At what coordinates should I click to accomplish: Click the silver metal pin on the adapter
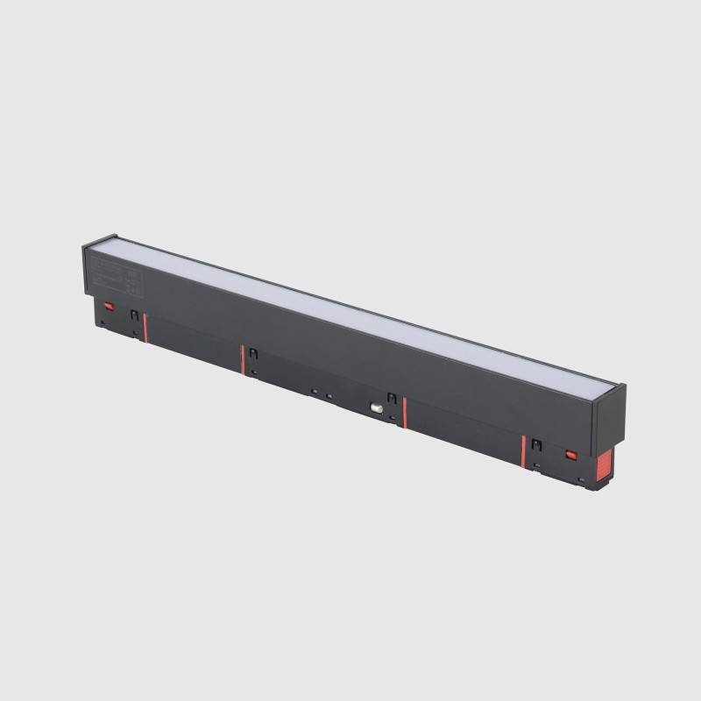point(377,407)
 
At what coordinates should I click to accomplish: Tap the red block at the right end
point(604,465)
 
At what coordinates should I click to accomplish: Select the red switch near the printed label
point(110,307)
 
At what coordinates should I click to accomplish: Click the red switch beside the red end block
point(571,455)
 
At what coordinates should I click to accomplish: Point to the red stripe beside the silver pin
point(404,413)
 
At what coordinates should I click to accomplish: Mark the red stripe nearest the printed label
point(145,328)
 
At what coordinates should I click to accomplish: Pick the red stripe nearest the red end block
point(523,451)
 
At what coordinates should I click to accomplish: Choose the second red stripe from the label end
point(243,359)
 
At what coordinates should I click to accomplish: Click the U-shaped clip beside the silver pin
point(392,399)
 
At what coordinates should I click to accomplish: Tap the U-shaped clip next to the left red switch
point(134,315)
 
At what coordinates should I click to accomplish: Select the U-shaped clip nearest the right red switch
point(536,444)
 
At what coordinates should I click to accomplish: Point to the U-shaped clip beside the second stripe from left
point(252,353)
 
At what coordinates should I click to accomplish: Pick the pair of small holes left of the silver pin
point(321,394)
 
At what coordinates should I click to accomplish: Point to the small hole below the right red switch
point(581,478)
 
